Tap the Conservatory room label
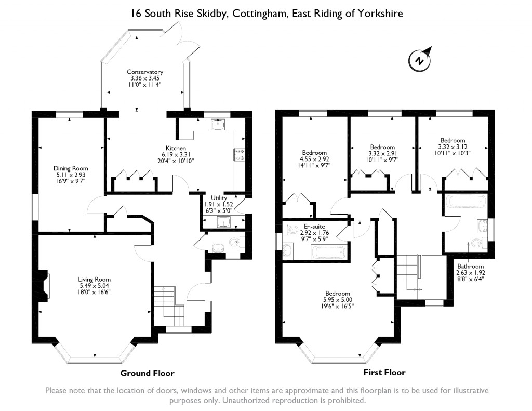[145, 72]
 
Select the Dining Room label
[71, 168]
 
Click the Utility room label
[219, 198]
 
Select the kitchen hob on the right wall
[241, 154]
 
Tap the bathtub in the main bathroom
[465, 201]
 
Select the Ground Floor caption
[147, 373]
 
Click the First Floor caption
[384, 372]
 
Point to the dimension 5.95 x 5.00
[338, 300]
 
